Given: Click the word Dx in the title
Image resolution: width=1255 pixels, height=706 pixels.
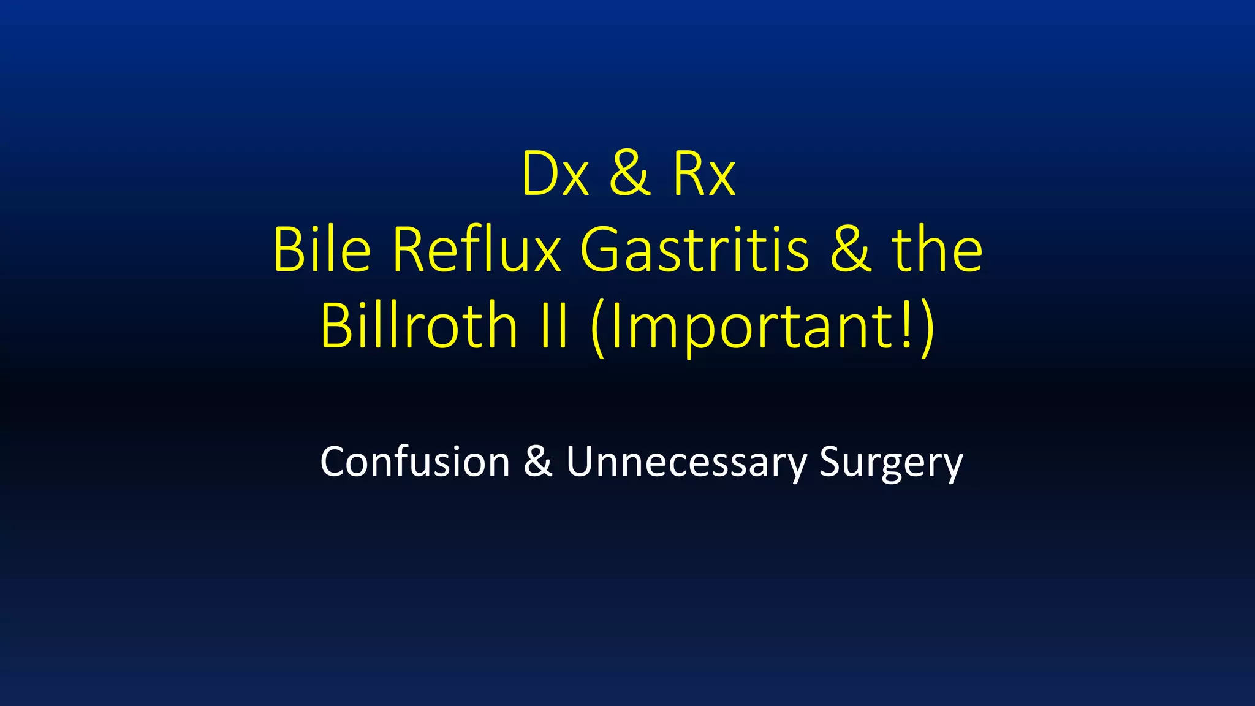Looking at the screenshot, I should [x=555, y=175].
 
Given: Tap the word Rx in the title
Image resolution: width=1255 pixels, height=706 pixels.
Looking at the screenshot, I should [x=703, y=175].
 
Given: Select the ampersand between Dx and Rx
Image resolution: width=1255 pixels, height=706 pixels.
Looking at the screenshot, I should [x=629, y=175].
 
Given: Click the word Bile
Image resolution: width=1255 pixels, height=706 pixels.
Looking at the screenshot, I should [x=322, y=250].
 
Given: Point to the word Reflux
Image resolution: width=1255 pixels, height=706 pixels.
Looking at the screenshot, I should [x=476, y=250].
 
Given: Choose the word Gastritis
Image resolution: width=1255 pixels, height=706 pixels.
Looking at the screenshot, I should [x=694, y=250].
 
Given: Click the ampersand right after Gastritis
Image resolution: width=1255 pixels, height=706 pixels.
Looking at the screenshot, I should [x=851, y=250].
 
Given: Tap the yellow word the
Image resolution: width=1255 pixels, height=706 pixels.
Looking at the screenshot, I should [x=937, y=250].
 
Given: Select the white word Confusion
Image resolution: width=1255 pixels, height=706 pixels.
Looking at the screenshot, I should [x=415, y=461].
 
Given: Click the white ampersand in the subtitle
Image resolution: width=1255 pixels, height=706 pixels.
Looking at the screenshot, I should [x=537, y=461].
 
